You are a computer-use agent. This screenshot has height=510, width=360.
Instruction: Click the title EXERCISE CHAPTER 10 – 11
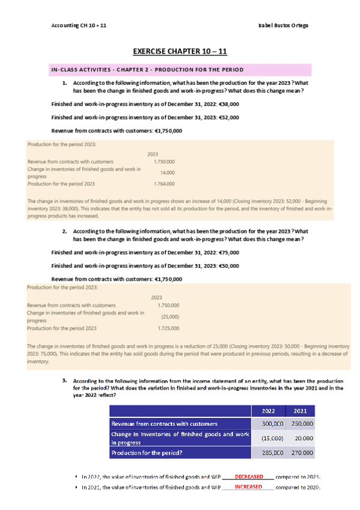click(x=180, y=52)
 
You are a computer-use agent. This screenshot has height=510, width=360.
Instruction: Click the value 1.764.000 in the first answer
click(x=164, y=184)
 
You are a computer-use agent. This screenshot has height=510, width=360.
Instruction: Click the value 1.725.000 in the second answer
click(x=168, y=328)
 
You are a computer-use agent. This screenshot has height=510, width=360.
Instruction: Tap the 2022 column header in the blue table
click(x=269, y=411)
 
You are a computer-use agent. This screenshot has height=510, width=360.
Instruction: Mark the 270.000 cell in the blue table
click(x=302, y=452)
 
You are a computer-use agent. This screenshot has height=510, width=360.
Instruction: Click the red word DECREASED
click(x=249, y=476)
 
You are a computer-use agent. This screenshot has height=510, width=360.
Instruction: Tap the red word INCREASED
click(x=249, y=487)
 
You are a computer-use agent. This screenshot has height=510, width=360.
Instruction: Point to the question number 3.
click(x=64, y=381)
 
